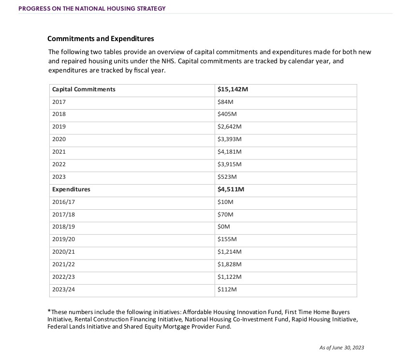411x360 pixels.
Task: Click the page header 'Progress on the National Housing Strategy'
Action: pos(92,9)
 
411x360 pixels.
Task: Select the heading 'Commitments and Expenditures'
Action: pos(101,39)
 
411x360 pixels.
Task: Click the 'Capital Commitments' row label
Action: pos(84,89)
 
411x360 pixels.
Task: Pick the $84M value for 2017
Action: pos(226,102)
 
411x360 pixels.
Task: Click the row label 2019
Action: pos(59,127)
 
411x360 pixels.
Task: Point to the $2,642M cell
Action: pos(230,127)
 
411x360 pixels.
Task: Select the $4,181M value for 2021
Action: pos(230,152)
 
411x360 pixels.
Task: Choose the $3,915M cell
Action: pos(230,164)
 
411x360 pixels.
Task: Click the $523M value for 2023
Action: pos(227,177)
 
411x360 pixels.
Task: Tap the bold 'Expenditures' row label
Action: pos(71,189)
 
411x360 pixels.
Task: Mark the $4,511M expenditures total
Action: pos(231,189)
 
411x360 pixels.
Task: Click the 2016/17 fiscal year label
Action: pos(63,202)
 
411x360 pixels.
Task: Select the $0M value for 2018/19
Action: pos(224,227)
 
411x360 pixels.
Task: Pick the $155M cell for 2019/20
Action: pos(227,239)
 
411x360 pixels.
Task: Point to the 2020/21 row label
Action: pos(63,252)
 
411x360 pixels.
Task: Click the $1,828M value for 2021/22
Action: pos(230,264)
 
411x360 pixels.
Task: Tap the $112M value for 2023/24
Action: pos(227,289)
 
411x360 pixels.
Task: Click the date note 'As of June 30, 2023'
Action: pos(341,347)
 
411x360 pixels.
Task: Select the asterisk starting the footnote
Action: pos(49,312)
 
